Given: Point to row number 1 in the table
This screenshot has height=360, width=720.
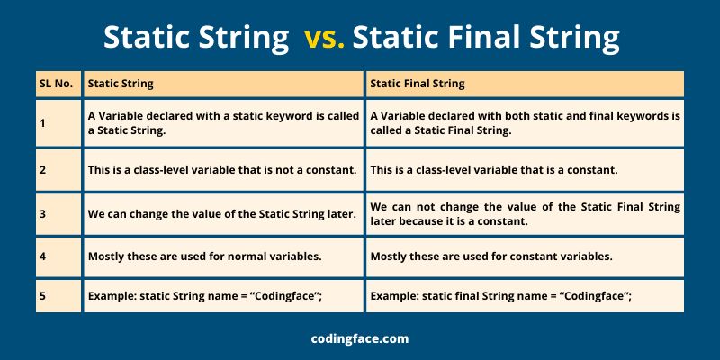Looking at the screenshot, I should (x=42, y=122).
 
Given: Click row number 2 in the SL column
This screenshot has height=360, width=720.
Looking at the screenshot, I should (x=42, y=169).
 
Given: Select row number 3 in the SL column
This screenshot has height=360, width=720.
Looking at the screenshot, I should (x=42, y=213).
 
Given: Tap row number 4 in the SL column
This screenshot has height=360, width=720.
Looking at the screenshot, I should (x=42, y=256).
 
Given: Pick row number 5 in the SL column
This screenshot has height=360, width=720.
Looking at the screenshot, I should (x=42, y=296).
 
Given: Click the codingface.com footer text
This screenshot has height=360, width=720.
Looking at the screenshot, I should (x=359, y=338).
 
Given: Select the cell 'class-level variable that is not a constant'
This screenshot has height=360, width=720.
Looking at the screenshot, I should (x=221, y=169).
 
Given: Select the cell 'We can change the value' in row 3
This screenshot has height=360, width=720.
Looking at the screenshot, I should (x=221, y=213).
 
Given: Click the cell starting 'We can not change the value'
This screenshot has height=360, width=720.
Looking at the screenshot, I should (x=525, y=213).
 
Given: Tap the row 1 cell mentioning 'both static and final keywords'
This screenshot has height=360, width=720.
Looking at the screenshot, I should (x=525, y=122).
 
